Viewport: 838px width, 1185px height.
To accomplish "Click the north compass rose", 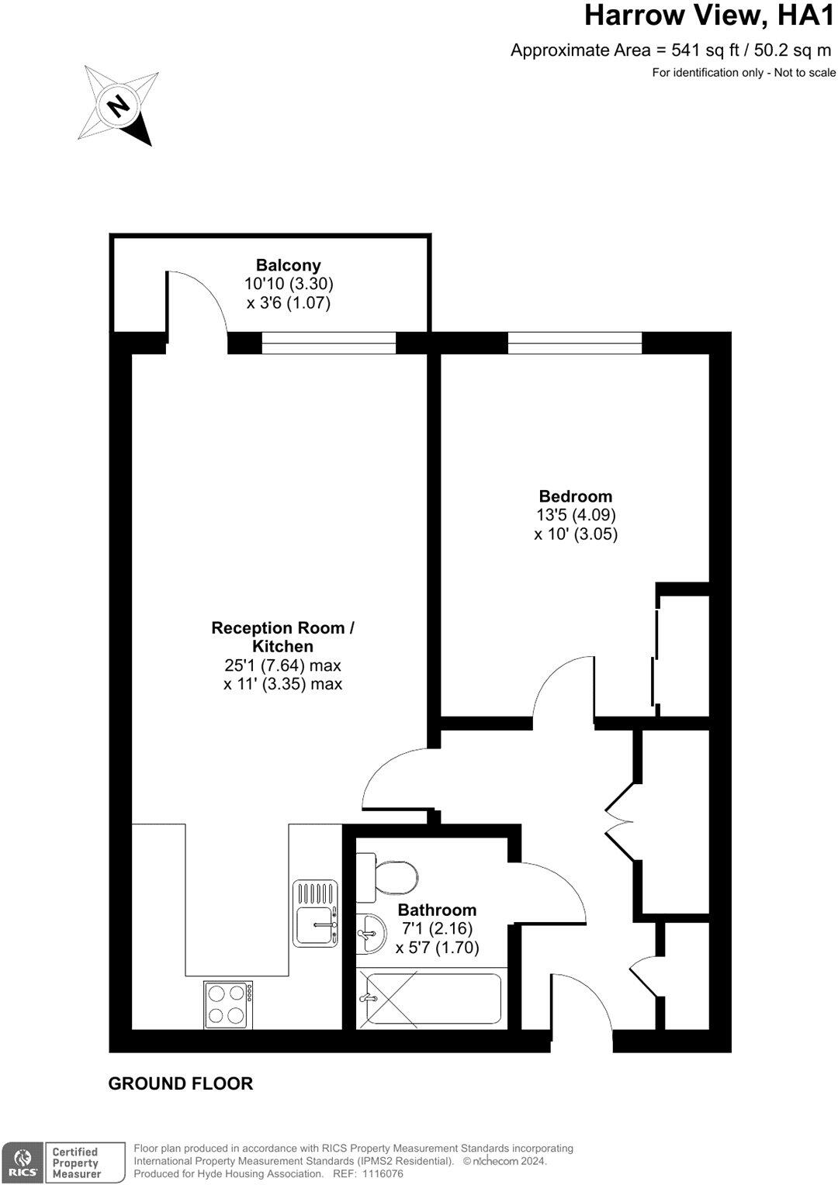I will click(x=118, y=105).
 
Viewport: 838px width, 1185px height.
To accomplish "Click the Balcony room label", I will click(x=289, y=265).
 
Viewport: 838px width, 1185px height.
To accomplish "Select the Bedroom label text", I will click(x=576, y=496).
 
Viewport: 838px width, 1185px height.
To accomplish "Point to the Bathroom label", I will click(x=437, y=910).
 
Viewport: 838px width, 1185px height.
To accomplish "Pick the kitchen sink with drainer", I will click(x=316, y=913).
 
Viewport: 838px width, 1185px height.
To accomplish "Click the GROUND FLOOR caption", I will click(x=181, y=1084).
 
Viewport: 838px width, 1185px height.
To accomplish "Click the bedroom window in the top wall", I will click(x=575, y=342).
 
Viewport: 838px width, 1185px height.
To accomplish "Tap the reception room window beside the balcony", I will click(x=329, y=342).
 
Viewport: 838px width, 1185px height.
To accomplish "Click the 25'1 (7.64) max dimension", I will click(x=282, y=665).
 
